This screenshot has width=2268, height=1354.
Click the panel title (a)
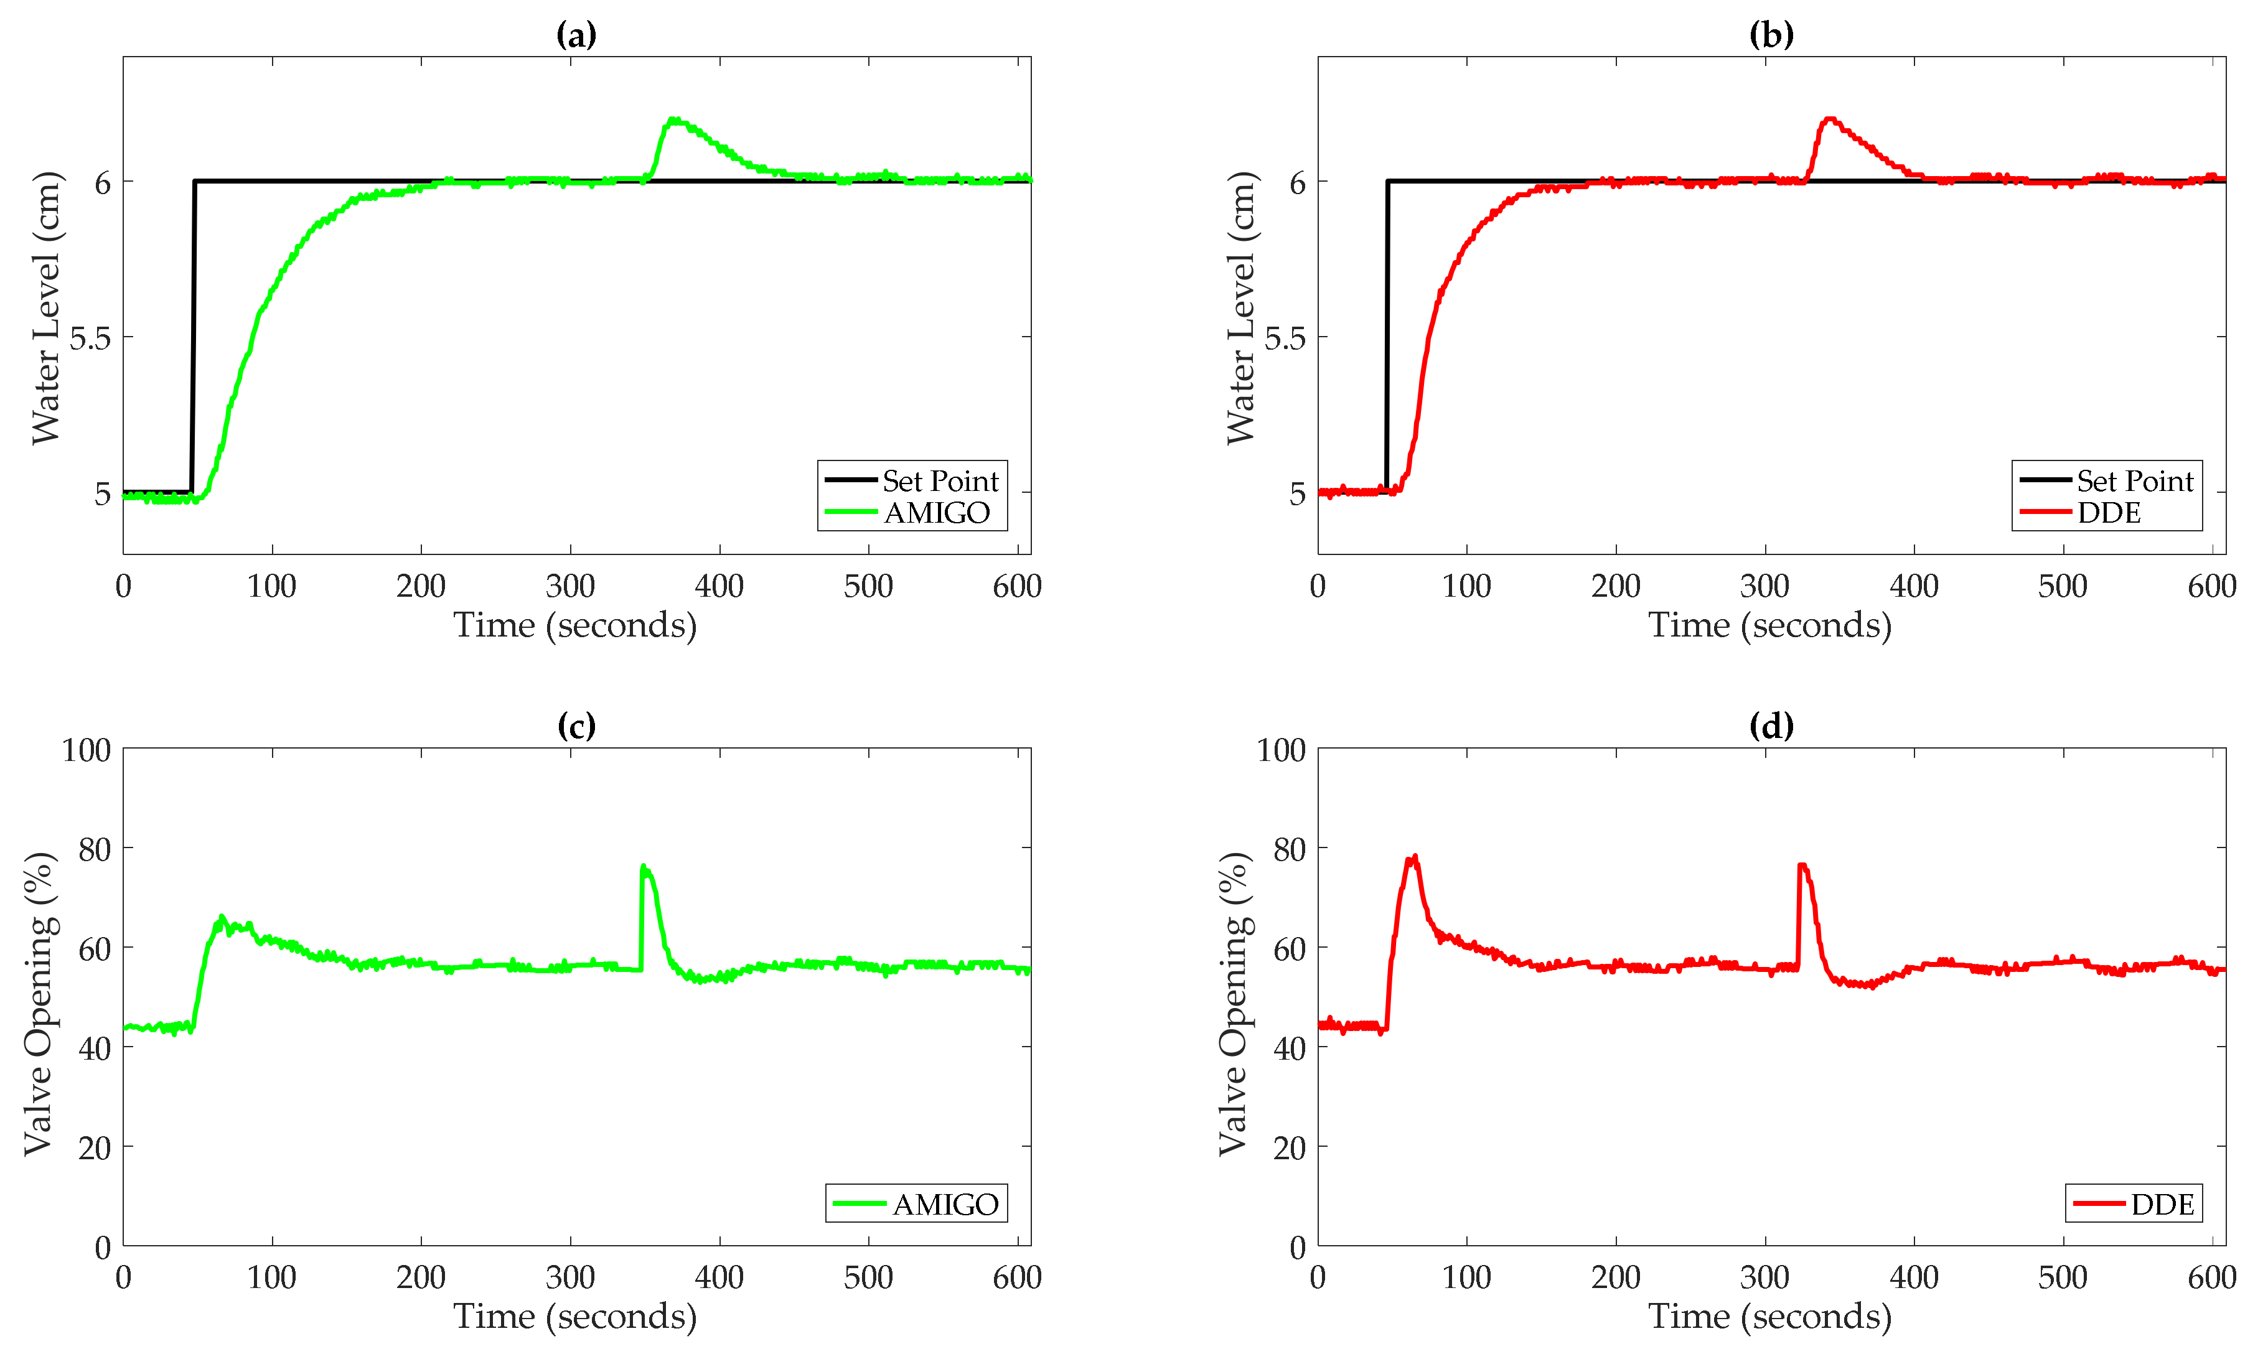576,35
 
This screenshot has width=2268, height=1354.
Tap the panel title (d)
1771,726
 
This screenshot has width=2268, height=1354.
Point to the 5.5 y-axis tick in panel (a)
90,338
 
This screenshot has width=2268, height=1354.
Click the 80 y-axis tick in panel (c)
94,849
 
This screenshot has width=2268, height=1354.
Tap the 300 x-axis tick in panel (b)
1764,586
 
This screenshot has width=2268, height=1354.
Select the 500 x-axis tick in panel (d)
2063,1277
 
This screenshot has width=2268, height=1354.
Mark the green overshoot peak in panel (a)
673,119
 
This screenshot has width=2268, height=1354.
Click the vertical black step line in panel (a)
192,338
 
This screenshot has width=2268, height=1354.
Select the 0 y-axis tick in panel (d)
1297,1247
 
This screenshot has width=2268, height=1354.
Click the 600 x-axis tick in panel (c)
1017,1277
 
